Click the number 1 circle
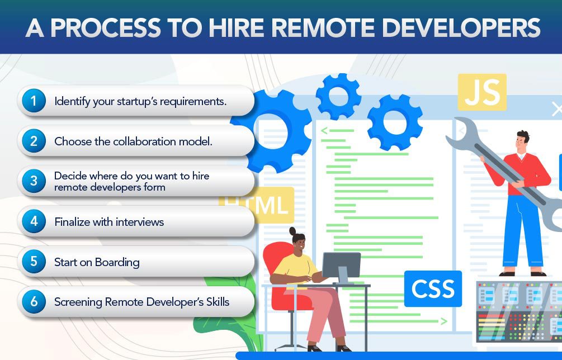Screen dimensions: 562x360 tap(34, 101)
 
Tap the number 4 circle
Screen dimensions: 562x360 tap(34, 221)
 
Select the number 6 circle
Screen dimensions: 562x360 tap(34, 302)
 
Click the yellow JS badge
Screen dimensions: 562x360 tap(482, 92)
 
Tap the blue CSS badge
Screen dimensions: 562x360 tap(433, 288)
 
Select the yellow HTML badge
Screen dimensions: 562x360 tap(257, 205)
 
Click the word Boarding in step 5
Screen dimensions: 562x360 tap(117, 263)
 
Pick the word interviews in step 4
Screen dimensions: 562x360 tap(140, 222)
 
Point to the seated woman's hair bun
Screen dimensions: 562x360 tap(293, 231)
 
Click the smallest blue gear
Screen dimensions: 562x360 tap(338, 96)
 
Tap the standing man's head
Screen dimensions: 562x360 tap(522, 141)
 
